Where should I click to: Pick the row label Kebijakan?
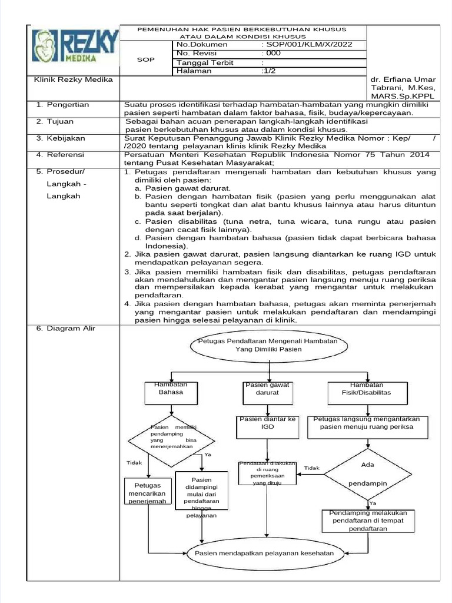tap(65, 138)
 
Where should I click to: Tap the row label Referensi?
tap(65, 155)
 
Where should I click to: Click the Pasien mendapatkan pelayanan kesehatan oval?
tap(268, 553)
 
